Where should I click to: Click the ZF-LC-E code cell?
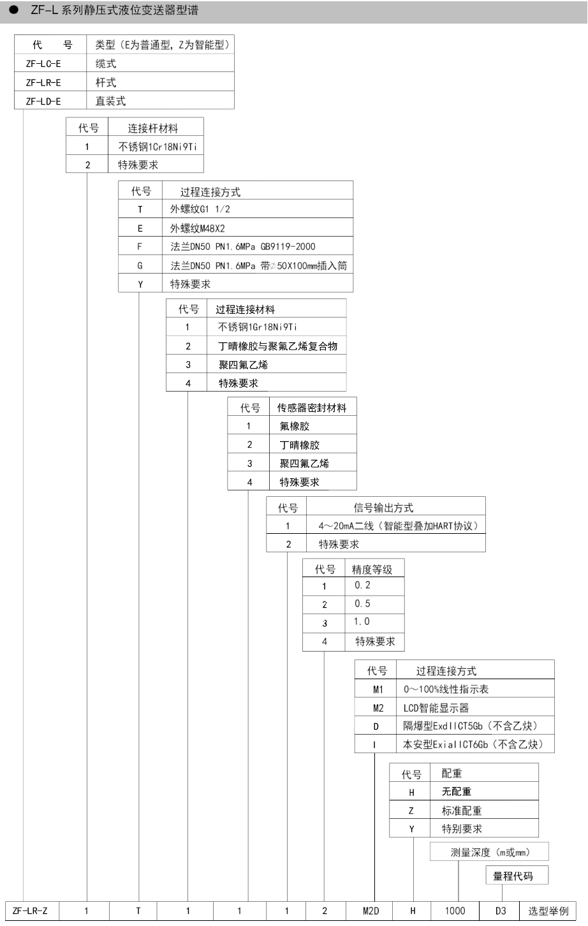click(x=43, y=64)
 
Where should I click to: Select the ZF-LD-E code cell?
click(x=43, y=101)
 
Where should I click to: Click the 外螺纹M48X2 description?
click(x=197, y=228)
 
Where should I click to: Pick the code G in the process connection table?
click(x=140, y=266)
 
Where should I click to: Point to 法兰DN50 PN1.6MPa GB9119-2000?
click(x=243, y=247)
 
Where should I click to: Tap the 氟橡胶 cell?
click(x=295, y=426)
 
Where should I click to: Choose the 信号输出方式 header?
click(x=383, y=508)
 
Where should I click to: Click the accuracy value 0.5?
click(x=362, y=603)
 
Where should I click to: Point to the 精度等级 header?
click(x=372, y=570)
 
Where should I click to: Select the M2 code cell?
click(x=378, y=708)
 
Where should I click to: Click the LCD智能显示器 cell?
click(x=436, y=708)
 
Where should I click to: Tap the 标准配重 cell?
click(x=462, y=811)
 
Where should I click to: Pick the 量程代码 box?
click(x=517, y=875)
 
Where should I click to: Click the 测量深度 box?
click(x=489, y=851)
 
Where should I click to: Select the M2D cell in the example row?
click(x=371, y=911)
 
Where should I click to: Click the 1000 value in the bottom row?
click(x=455, y=911)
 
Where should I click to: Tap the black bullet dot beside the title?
click(x=14, y=10)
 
